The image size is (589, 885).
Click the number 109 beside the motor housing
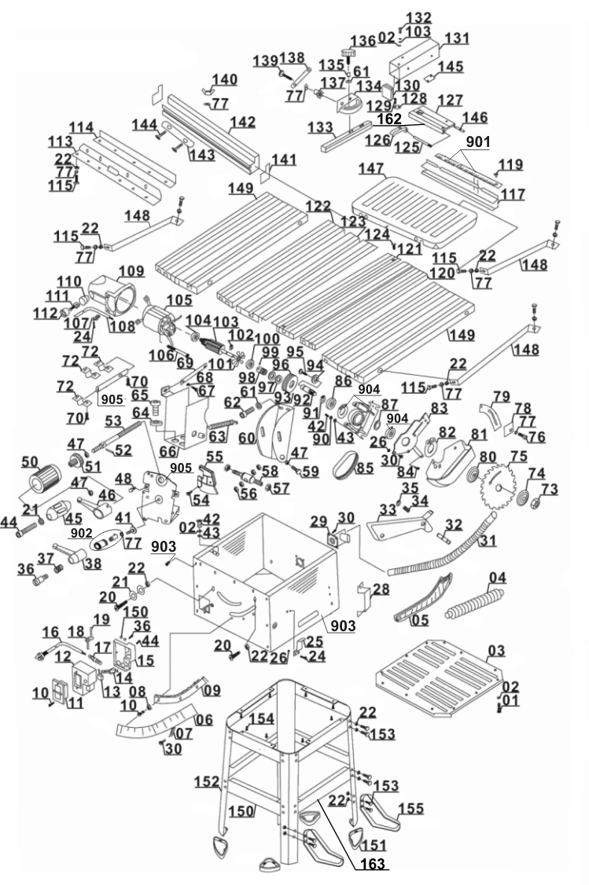click(x=131, y=272)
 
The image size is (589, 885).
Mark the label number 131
click(x=457, y=38)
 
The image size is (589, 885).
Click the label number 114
click(x=81, y=127)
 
